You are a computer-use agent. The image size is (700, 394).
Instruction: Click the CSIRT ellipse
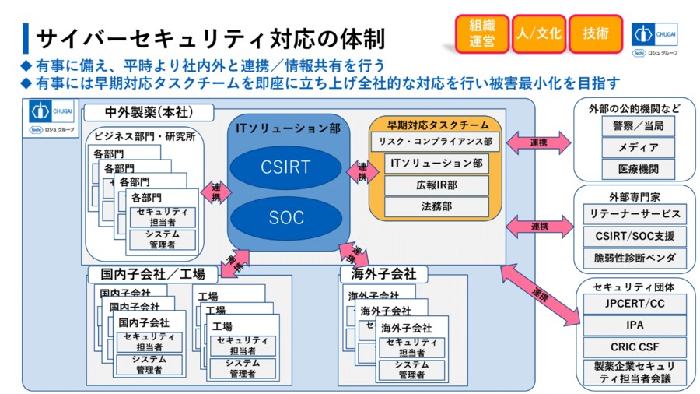click(x=286, y=167)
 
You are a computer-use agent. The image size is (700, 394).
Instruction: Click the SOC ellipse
click(x=286, y=218)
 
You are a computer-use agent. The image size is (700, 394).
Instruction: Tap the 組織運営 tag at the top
click(x=482, y=34)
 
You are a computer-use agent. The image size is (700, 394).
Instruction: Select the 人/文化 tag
click(x=538, y=34)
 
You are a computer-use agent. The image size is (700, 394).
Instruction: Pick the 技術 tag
click(x=596, y=34)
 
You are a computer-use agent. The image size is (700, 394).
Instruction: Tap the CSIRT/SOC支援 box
click(x=635, y=236)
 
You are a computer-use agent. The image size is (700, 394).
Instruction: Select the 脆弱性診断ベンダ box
click(x=635, y=258)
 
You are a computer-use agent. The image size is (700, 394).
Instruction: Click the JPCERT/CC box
click(x=635, y=304)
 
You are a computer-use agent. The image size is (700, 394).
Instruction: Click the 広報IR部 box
click(x=436, y=185)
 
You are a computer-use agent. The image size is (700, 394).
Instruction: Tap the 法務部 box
click(x=436, y=207)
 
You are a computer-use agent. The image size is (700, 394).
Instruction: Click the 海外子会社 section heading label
click(x=383, y=274)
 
